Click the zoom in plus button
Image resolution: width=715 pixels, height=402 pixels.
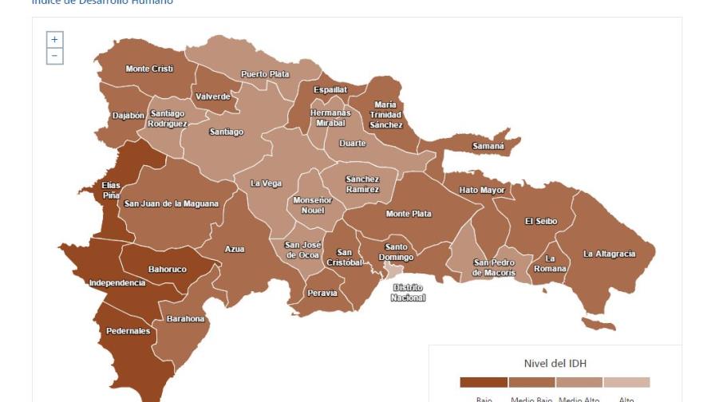[x=54, y=40]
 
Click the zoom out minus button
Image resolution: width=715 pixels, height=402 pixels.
[x=54, y=56]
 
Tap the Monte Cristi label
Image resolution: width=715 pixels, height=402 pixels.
[x=149, y=69]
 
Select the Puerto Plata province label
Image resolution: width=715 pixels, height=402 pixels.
[x=265, y=74]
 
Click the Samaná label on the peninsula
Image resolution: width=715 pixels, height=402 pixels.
[x=488, y=146]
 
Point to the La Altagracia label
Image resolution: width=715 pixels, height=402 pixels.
[x=609, y=254]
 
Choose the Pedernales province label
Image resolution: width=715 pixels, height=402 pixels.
[x=128, y=331]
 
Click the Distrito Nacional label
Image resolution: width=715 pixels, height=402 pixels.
[x=408, y=293]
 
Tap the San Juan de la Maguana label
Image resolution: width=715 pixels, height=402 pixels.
[x=171, y=204]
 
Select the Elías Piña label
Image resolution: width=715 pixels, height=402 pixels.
[x=111, y=190]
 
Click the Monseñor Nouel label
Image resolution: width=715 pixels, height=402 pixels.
[x=313, y=205]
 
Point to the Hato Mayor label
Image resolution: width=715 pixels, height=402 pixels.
[x=482, y=191]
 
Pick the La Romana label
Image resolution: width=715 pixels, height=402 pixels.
[x=550, y=264]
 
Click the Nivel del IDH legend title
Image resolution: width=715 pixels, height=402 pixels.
[x=555, y=364]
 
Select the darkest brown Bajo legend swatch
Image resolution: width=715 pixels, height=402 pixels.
[x=484, y=382]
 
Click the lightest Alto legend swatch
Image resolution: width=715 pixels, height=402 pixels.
[x=626, y=382]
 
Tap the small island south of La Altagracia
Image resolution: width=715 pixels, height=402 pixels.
[x=598, y=324]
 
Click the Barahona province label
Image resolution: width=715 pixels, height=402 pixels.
[x=185, y=319]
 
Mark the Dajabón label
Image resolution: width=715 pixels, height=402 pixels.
[x=128, y=116]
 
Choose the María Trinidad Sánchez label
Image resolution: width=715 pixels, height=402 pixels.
[x=385, y=115]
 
